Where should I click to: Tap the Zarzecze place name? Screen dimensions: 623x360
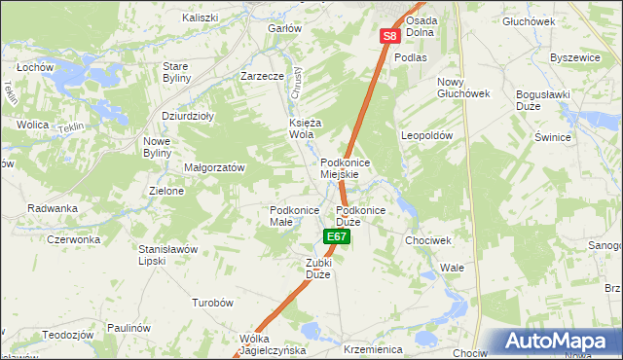262,76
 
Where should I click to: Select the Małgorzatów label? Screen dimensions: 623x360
214,167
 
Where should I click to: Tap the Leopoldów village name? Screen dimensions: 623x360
427,136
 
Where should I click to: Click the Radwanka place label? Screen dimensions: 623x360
53,208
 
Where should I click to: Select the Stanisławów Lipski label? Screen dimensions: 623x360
167,255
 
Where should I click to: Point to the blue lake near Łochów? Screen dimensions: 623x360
65,74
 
